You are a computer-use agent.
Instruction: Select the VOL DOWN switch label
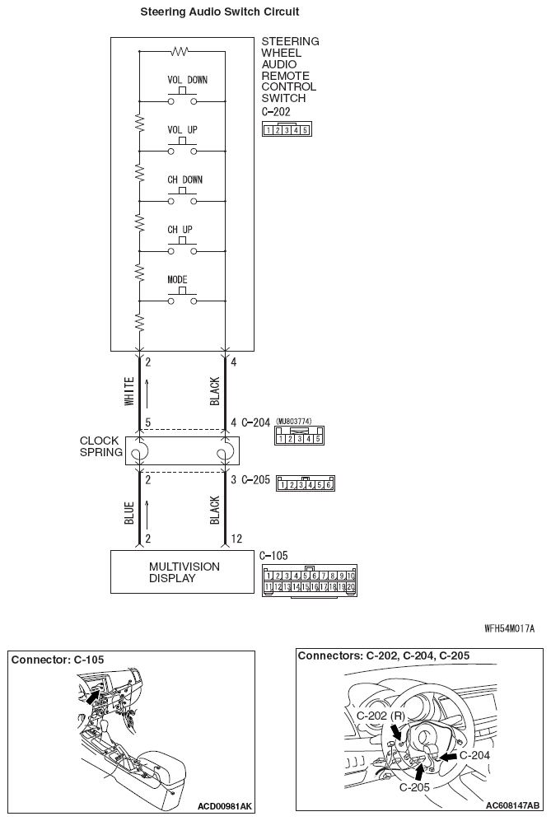coord(187,81)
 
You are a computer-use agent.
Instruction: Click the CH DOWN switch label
coord(184,180)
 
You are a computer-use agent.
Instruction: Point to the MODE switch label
coord(178,279)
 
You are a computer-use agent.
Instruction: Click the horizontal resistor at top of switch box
coord(180,51)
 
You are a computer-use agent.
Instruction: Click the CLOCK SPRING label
coord(101,447)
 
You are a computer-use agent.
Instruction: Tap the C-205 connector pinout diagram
coord(306,484)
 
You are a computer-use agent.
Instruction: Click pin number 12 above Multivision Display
coord(236,539)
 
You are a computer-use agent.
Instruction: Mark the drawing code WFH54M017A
coord(511,628)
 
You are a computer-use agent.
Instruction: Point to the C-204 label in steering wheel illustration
coord(474,754)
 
